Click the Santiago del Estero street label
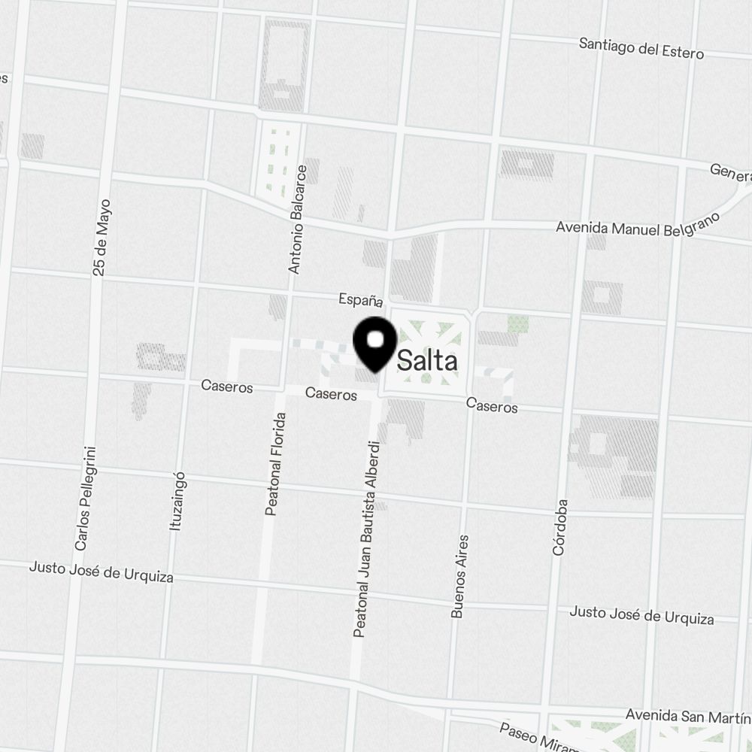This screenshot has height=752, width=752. pyautogui.click(x=641, y=48)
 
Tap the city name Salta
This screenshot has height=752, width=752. pyautogui.click(x=426, y=361)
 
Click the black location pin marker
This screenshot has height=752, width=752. pyautogui.click(x=375, y=343)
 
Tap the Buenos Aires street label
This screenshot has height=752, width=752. pyautogui.click(x=460, y=576)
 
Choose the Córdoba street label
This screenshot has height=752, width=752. pyautogui.click(x=560, y=527)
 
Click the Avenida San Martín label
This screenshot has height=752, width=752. pyautogui.click(x=688, y=714)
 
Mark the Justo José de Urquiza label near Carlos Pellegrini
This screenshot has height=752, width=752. pyautogui.click(x=102, y=572)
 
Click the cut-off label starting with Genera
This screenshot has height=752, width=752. pyautogui.click(x=730, y=173)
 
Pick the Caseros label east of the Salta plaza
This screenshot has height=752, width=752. pyautogui.click(x=492, y=406)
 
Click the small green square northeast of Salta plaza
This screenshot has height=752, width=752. pyautogui.click(x=517, y=324)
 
